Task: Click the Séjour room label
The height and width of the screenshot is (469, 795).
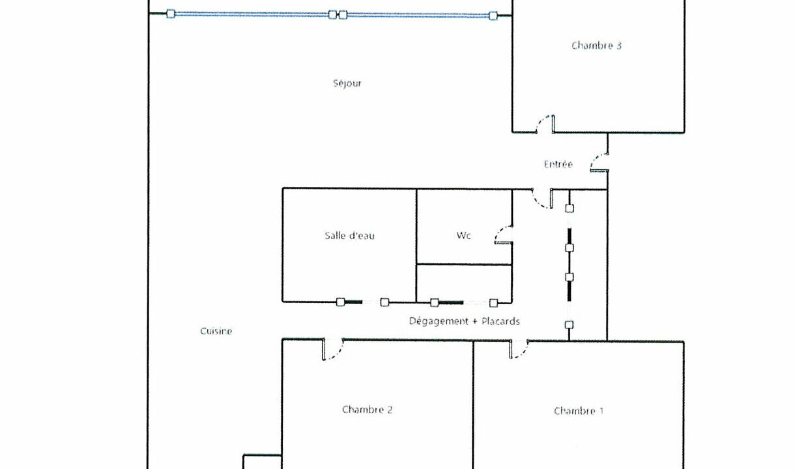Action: click(347, 83)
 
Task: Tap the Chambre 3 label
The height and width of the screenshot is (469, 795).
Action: click(596, 46)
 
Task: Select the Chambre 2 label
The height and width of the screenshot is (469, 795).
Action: click(368, 410)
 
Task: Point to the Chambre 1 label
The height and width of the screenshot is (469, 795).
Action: click(579, 411)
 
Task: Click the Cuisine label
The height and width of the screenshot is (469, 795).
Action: click(216, 331)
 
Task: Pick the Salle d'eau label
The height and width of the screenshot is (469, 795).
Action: click(349, 236)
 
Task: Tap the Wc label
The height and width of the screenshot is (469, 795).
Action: click(463, 235)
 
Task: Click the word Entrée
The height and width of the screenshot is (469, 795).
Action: click(558, 164)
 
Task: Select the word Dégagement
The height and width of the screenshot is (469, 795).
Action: click(439, 321)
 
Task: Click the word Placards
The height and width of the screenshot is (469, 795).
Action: click(500, 321)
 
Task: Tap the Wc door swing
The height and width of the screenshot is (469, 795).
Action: click(504, 235)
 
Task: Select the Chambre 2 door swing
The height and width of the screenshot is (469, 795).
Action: click(333, 349)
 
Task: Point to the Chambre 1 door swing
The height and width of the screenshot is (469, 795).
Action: click(519, 349)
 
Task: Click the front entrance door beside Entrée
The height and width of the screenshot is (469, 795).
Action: click(600, 163)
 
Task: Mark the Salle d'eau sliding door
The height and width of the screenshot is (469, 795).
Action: click(362, 302)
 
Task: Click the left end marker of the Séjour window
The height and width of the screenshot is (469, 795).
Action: click(171, 14)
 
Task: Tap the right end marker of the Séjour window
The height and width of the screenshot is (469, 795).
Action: click(493, 16)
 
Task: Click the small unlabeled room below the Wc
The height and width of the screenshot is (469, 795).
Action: click(464, 283)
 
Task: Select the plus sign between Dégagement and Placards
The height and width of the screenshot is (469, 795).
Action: click(475, 321)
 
